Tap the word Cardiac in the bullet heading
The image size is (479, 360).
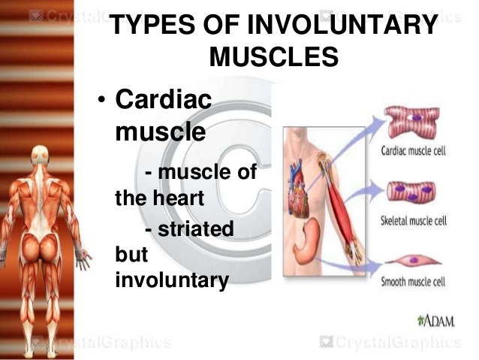[x=164, y=101]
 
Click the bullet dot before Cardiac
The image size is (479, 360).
[x=102, y=101]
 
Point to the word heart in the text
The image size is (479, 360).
[x=177, y=200]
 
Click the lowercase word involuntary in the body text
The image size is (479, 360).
[x=171, y=280]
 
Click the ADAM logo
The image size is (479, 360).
[x=435, y=322]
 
